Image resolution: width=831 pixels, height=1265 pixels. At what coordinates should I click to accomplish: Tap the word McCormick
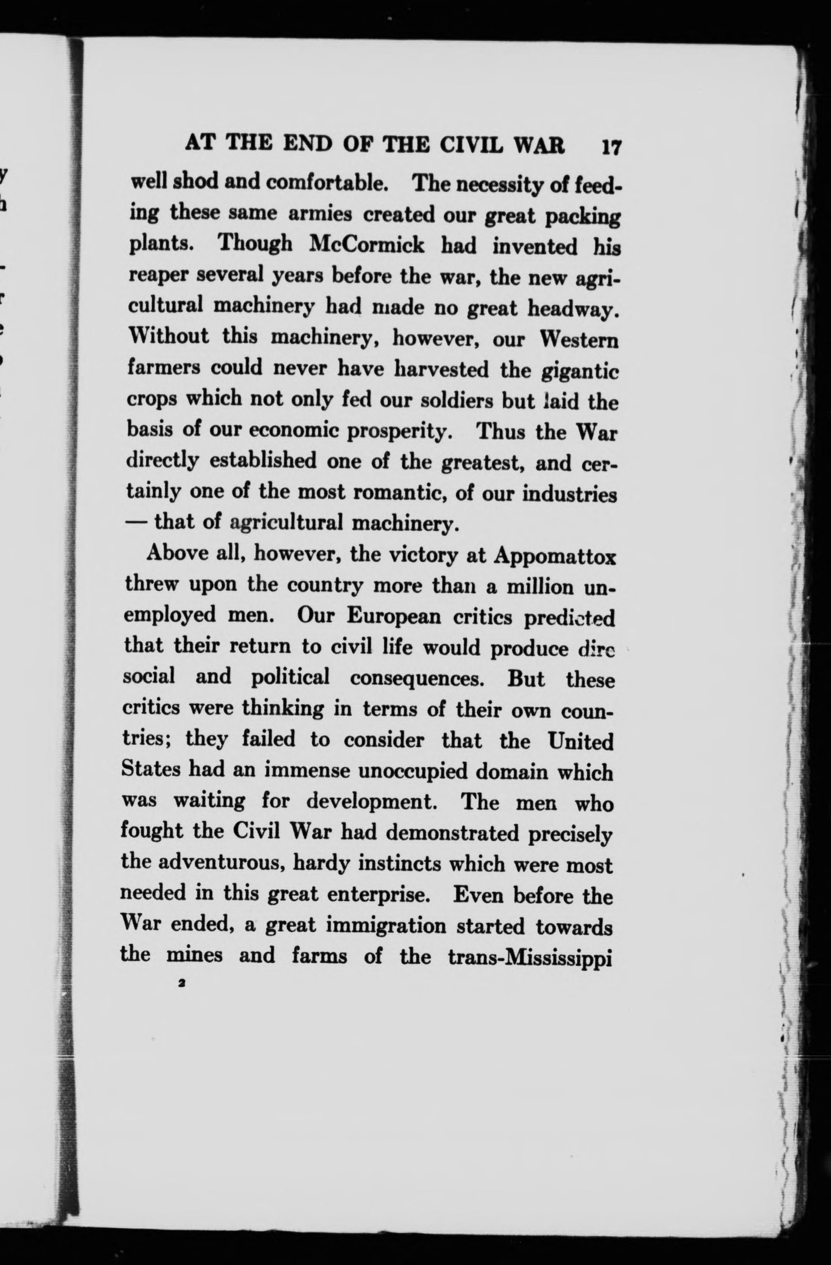[x=367, y=246]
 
